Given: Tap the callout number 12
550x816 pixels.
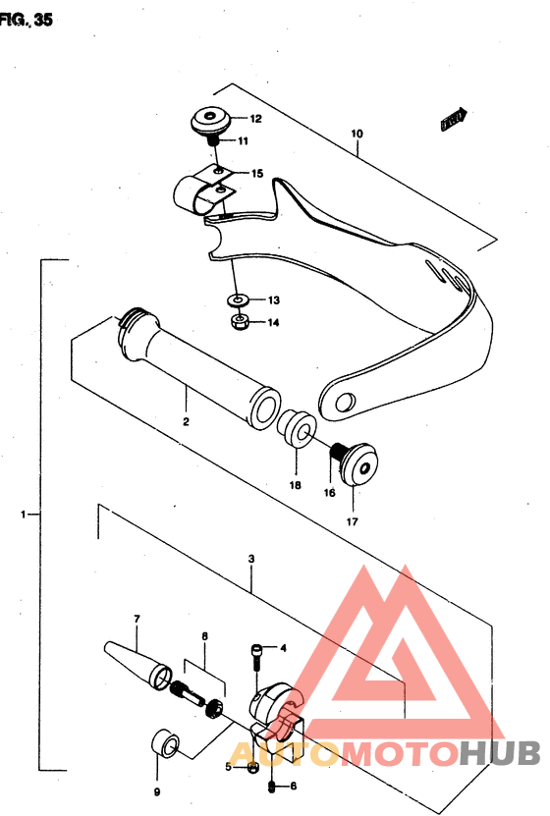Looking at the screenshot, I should [x=254, y=120].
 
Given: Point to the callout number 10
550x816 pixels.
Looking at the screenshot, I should [x=357, y=133].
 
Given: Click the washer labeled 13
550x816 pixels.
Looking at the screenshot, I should [x=237, y=299].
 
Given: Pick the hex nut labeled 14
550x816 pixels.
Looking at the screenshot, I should [x=237, y=321].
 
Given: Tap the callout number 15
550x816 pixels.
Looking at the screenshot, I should [x=256, y=174].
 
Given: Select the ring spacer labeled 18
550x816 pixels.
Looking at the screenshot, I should [x=295, y=430].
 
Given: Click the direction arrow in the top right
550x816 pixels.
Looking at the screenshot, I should [x=453, y=121].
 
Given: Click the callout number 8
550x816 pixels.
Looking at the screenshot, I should [x=204, y=637].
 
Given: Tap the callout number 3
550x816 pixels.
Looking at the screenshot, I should [x=252, y=559].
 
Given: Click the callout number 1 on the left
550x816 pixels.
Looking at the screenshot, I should [x=24, y=514].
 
